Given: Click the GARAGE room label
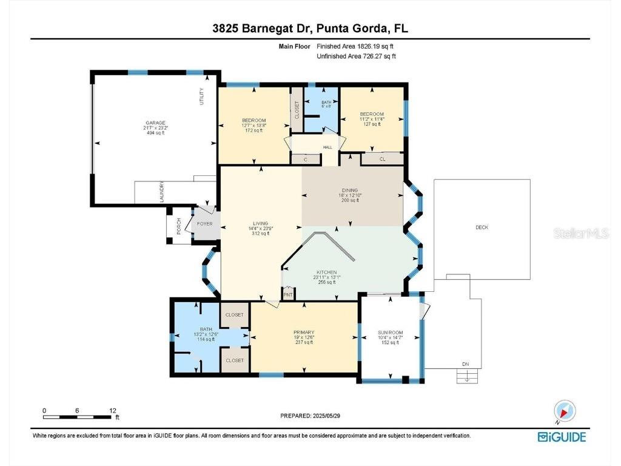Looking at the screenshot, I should point(155,123).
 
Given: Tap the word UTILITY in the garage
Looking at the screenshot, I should point(202,96).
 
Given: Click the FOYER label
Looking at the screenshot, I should point(203,224).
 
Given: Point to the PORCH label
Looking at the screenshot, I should point(178,226).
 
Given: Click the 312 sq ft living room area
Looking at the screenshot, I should point(261,234).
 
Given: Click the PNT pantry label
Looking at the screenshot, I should point(288,295).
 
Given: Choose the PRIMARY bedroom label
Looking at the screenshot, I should point(303,332).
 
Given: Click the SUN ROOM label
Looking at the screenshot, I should point(389,333).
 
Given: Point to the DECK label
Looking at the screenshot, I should point(482,228).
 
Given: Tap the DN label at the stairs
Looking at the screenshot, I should point(465,365).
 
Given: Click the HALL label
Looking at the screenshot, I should point(327,147).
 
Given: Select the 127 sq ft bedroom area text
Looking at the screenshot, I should point(371,124).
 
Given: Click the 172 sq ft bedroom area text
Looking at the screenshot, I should point(253,130).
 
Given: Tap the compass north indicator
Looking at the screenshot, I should point(565,412).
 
